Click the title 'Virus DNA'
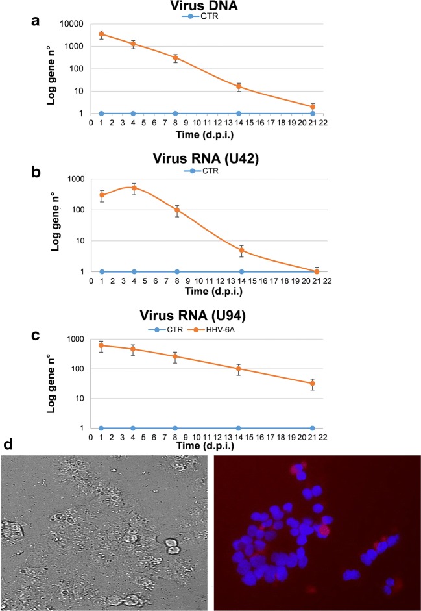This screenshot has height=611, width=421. [212, 7]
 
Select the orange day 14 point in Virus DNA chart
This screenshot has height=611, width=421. [239, 86]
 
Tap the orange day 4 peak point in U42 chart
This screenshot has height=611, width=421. [134, 188]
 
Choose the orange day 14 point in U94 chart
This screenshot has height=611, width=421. [239, 369]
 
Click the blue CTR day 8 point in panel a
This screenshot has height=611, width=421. [176, 114]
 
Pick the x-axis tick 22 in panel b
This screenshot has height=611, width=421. [328, 282]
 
